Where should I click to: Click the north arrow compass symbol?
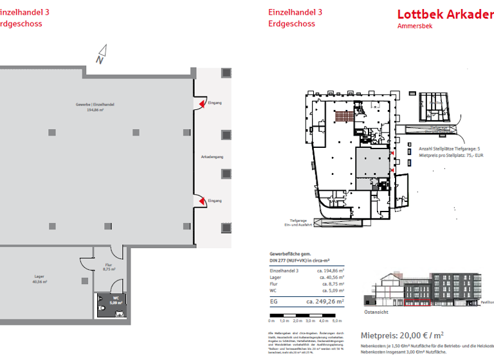(x=102, y=55)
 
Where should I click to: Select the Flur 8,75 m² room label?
(x=109, y=268)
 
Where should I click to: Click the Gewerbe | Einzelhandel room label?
(x=95, y=107)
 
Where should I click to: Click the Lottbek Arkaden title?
(x=445, y=14)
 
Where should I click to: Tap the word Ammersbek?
(x=415, y=26)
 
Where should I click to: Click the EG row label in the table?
(x=273, y=300)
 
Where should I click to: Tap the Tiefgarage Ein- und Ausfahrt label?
(x=298, y=222)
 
